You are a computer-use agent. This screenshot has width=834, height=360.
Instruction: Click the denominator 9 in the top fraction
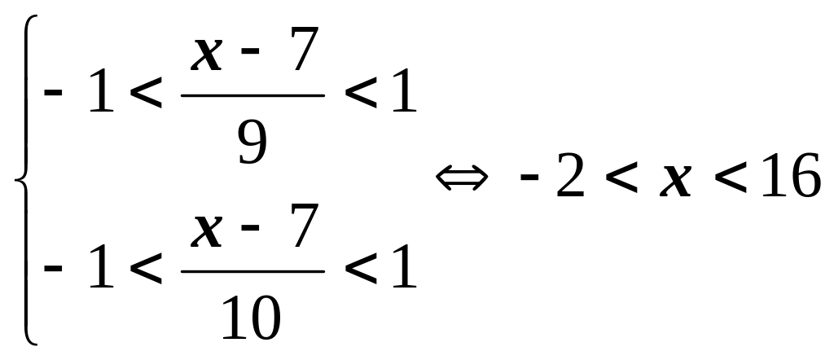pos(252,143)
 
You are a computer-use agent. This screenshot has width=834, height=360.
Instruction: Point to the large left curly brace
pos(24,179)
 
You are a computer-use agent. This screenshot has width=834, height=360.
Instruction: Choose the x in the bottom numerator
pos(207,230)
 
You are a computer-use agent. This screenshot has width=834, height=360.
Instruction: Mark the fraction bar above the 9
pos(252,96)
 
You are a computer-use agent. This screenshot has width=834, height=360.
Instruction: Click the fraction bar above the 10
pos(252,272)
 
